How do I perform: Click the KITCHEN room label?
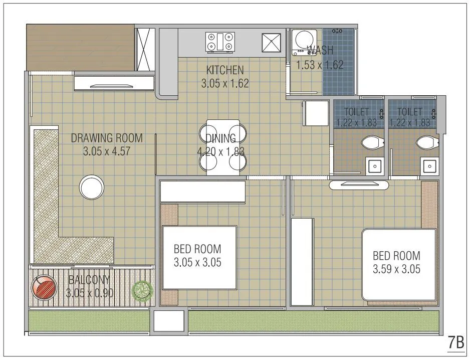pos(225,70)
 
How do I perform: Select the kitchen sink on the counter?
pos(272,42)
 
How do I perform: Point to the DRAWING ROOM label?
pos(106,138)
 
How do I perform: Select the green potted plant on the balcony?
pos(142,291)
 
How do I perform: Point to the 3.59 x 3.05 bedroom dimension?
pos(396,269)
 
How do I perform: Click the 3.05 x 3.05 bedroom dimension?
pos(197,262)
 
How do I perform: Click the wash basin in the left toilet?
pos(373,166)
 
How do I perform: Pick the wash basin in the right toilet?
pos(429,166)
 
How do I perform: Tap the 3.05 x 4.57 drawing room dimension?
pos(107,151)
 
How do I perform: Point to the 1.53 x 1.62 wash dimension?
pos(320,65)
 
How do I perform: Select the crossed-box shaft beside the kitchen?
pos(145,49)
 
